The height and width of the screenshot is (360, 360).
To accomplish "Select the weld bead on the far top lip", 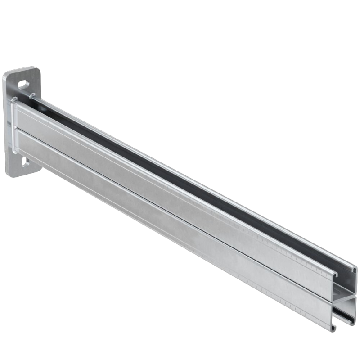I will [x=32, y=96].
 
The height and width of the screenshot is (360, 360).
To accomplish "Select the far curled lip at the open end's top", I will [x=355, y=269].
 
